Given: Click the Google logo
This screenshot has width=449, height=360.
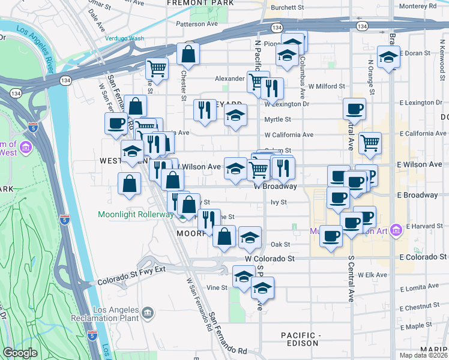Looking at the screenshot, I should (x=20, y=353).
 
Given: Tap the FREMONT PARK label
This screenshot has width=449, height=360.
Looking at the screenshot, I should (x=191, y=3).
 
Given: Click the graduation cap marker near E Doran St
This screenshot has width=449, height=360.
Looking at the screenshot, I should (x=388, y=58).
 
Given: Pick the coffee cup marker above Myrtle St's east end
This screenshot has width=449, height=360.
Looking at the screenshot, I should (x=354, y=109).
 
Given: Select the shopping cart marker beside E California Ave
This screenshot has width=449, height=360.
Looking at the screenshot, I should (x=370, y=142).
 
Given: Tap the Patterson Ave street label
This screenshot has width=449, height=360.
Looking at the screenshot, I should (x=196, y=25).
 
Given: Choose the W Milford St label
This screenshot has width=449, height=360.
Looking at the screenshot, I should (x=324, y=86).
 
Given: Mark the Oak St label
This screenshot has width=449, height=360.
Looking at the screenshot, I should (x=280, y=244).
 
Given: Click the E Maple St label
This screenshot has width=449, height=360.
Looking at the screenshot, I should (x=423, y=326).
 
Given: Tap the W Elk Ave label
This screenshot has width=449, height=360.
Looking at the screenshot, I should (x=372, y=274).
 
